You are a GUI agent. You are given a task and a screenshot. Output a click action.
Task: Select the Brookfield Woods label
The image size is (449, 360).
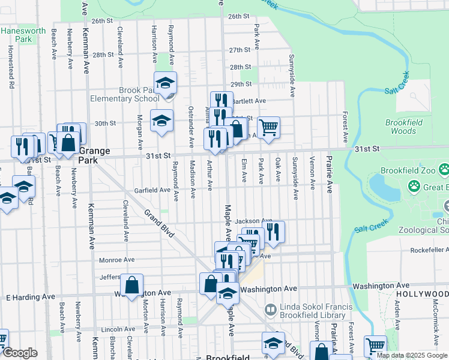(400, 126)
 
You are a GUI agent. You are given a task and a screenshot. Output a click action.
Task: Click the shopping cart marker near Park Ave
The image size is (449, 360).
(268, 127)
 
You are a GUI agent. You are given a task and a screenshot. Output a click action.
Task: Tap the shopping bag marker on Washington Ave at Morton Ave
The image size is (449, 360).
(131, 284)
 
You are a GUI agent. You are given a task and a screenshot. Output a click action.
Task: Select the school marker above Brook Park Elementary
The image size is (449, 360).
(165, 83)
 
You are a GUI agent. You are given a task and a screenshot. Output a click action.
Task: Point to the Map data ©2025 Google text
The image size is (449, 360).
(412, 355)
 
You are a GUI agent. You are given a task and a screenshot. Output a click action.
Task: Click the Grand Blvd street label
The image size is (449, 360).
(158, 223)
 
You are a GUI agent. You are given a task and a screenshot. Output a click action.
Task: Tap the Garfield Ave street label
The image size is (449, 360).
(152, 190)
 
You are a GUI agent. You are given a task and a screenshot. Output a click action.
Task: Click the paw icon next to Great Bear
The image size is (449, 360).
(414, 187)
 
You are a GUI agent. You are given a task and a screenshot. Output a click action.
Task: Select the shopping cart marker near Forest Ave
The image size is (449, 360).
(375, 346)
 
